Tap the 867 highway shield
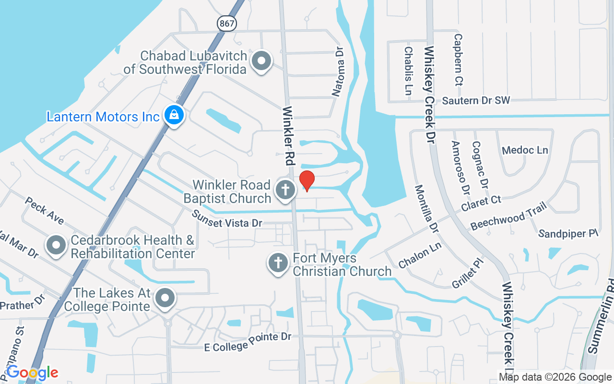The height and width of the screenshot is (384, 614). point(226,23)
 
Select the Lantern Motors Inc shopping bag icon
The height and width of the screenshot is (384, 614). point(174,115)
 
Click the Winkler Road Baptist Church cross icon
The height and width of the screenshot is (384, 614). point(285,190)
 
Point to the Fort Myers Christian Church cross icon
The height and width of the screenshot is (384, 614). point(278,263)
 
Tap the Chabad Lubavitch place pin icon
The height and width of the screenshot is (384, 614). point(261,61)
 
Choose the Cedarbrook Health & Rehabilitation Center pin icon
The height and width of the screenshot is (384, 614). point(56,245)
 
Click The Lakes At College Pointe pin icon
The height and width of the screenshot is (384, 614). point(165,298)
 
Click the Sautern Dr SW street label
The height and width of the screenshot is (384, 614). point(476,100)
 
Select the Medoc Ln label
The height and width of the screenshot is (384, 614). point(525,150)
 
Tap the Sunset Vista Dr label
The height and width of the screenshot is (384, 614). point(227,219)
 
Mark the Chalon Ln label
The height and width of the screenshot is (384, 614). point(420,255)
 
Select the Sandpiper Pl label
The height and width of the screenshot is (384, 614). point(568,234)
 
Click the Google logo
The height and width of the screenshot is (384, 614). point(32,372)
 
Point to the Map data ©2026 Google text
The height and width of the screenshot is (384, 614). point(555,377)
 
